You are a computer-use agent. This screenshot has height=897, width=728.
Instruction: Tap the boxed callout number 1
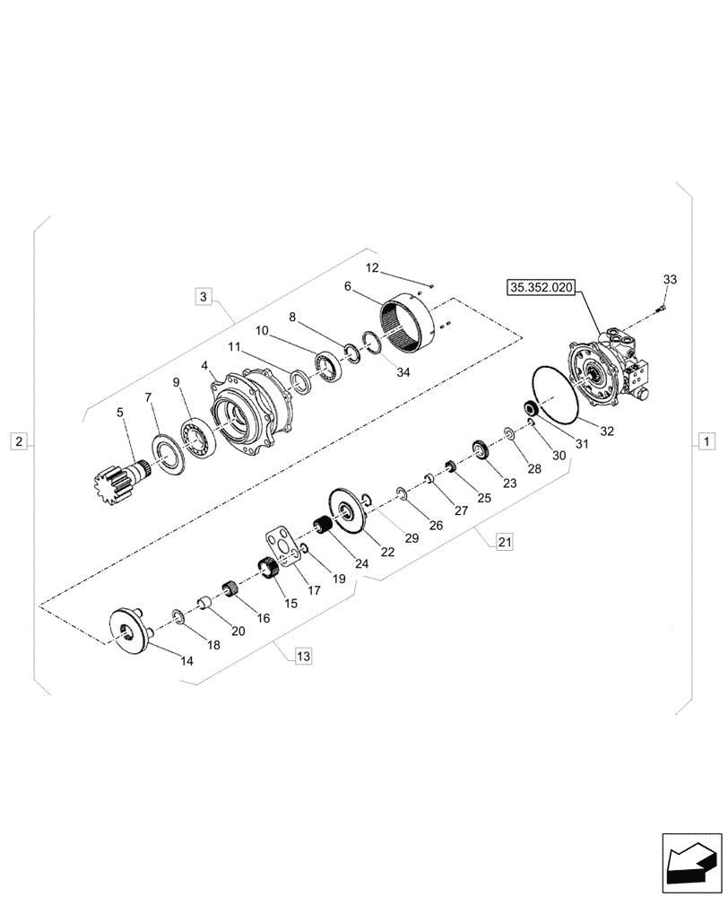pyautogui.click(x=706, y=440)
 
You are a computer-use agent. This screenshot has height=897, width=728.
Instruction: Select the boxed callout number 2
pyautogui.click(x=20, y=440)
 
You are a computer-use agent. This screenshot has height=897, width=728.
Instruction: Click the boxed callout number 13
pyautogui.click(x=303, y=657)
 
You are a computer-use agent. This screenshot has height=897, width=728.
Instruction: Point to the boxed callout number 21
pyautogui.click(x=505, y=541)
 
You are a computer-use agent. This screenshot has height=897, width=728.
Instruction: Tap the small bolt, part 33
pyautogui.click(x=661, y=309)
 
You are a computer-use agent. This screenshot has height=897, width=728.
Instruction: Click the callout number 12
pyautogui.click(x=372, y=268)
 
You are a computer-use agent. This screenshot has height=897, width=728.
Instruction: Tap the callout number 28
pyautogui.click(x=534, y=468)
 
